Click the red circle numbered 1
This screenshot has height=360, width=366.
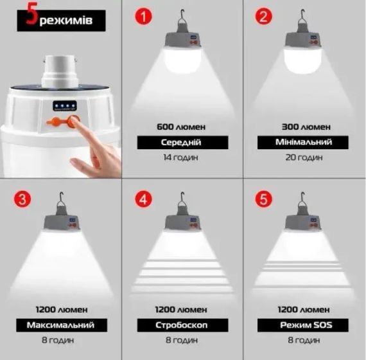143,16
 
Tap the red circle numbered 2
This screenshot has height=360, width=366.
263,16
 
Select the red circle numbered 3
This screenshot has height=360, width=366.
22,199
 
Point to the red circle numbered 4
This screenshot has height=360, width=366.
143,199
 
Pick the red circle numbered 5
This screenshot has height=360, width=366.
263,199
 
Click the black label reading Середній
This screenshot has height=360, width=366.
182,142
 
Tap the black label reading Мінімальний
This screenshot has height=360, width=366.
302,142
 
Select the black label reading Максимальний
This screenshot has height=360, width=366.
62,325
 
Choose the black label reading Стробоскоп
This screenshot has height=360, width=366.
182,325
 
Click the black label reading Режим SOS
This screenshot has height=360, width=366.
302,325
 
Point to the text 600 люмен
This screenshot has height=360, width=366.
181,127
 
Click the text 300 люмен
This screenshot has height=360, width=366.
306,127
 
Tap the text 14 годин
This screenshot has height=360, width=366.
180,157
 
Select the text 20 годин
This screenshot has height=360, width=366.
304,157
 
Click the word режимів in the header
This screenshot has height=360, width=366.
66,21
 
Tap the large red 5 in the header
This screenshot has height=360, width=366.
31,14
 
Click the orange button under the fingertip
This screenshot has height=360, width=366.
73,122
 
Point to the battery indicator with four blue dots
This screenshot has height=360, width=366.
65,106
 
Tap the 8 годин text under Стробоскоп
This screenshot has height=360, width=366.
182,340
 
